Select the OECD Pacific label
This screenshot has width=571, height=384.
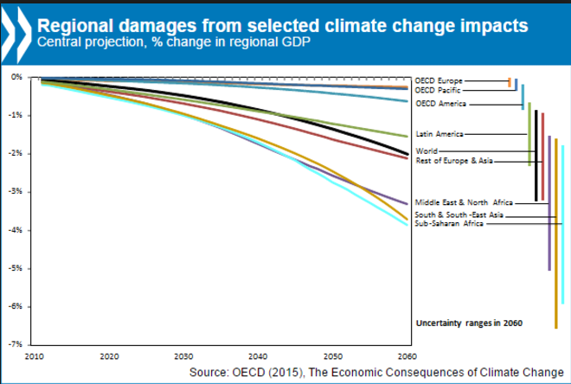(x=439, y=89)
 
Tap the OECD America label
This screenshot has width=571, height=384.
(x=441, y=104)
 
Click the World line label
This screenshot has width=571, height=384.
(x=427, y=151)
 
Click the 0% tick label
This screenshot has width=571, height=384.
(x=16, y=77)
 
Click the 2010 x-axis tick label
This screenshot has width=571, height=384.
(x=35, y=356)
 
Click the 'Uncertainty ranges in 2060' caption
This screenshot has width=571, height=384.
(x=464, y=323)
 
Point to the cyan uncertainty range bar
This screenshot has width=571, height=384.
(x=563, y=225)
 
